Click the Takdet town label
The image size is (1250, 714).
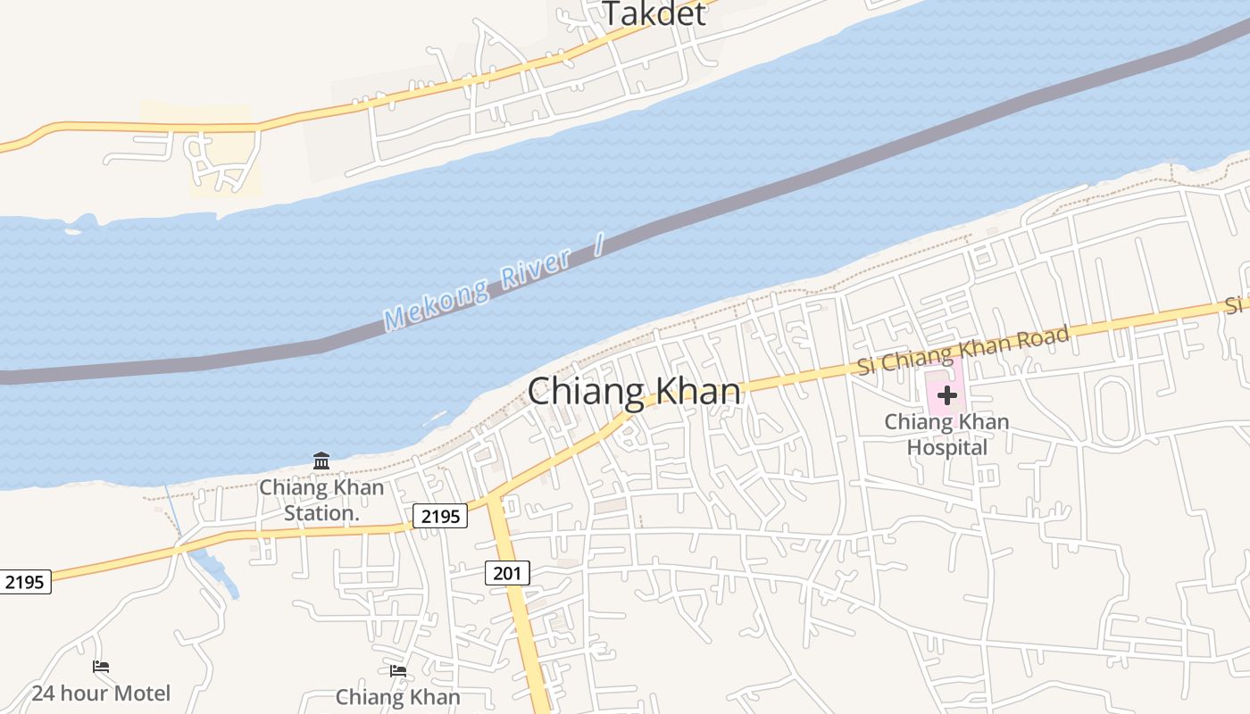[x=654, y=13]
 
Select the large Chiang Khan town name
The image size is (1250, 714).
[x=634, y=392]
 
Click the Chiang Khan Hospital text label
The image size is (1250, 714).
[x=946, y=435]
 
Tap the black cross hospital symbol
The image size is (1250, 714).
[x=947, y=394]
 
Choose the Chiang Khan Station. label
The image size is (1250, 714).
[x=321, y=500]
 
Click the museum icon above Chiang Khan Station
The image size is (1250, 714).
[x=321, y=461]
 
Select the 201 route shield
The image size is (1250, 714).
[x=507, y=573]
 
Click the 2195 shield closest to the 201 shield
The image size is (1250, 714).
[x=440, y=516]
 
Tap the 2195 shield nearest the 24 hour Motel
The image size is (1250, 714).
[x=24, y=583]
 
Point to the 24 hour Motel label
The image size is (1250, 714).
[x=101, y=693]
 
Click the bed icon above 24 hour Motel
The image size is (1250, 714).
[x=101, y=667]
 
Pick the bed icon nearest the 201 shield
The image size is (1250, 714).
[x=398, y=670]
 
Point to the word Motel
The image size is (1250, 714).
[x=139, y=693]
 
